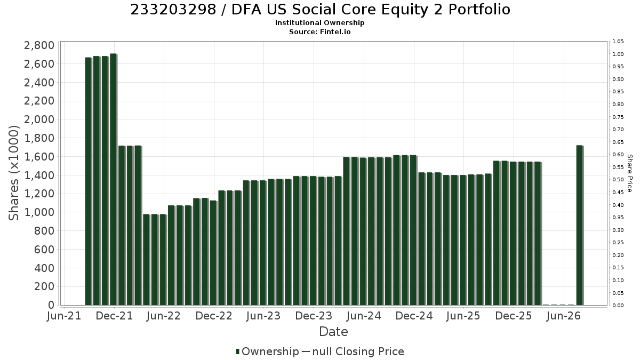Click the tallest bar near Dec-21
coord(114,179)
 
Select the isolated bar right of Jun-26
coord(580,225)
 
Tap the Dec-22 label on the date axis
coord(214,316)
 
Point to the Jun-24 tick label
coord(364,316)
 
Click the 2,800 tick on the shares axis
coord(39,45)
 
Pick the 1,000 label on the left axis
coord(39,212)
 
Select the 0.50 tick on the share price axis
coord(618,180)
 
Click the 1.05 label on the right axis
coord(618,42)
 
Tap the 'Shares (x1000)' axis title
coord(13,173)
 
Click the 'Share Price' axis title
coord(630,173)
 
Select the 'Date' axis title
coord(333,332)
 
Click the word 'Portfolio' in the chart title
coord(479,10)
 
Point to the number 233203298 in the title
coord(173,10)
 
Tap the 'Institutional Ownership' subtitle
coord(319,23)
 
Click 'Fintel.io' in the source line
coord(335,31)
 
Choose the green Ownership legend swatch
coord(237,351)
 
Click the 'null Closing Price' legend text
coord(358,351)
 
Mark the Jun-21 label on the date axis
coord(64,316)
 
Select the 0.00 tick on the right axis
coord(618,306)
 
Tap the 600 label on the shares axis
coord(44,250)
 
